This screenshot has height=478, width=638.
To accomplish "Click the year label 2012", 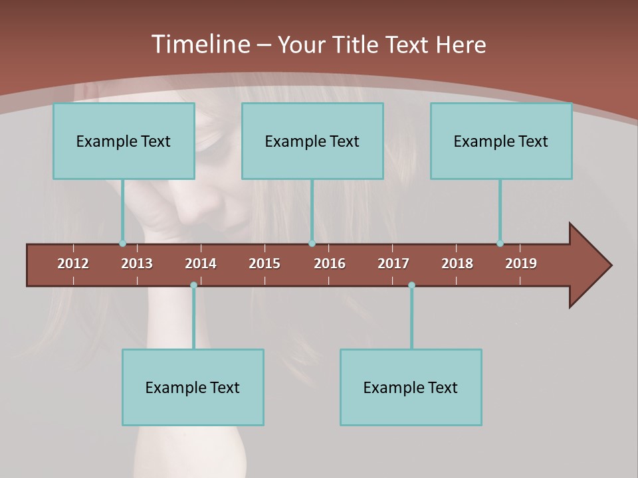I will click(73, 264).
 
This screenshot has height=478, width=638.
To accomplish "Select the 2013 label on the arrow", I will click(137, 264).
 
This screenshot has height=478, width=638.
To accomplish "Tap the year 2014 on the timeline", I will click(201, 264).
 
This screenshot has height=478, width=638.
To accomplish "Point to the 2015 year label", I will click(265, 264).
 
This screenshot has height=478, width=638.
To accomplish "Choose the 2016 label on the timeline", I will click(330, 264).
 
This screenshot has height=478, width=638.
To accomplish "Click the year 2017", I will click(393, 264).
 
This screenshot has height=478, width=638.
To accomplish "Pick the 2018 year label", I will click(457, 264).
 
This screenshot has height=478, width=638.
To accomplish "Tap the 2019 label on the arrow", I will click(521, 264).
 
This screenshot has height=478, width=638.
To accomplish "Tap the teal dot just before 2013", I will click(122, 244).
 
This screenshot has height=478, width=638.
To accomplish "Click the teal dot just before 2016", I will click(312, 244).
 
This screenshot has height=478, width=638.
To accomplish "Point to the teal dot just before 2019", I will click(500, 244).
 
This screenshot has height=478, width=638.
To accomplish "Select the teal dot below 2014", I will click(193, 285).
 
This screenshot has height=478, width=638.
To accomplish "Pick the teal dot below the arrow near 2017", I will click(411, 285).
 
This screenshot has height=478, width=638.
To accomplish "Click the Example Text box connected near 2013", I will click(124, 141).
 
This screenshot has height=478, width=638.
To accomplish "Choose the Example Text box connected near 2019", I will click(501, 141).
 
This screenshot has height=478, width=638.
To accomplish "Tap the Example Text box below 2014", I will click(193, 387).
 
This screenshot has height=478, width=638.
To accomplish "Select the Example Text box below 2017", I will click(411, 387).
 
